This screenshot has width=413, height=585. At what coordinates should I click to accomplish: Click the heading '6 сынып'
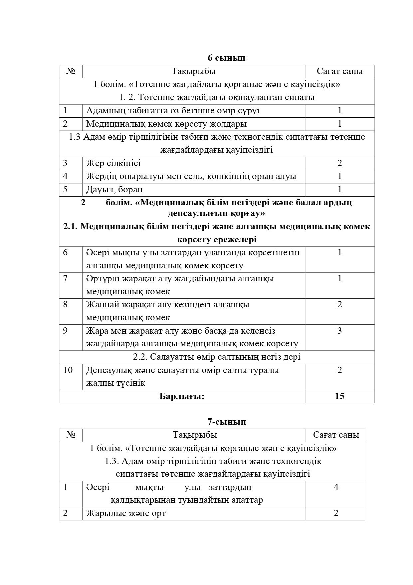(x=226, y=58)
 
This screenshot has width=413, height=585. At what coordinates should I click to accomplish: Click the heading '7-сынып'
(x=227, y=422)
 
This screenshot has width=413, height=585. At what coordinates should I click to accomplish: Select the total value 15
(x=339, y=396)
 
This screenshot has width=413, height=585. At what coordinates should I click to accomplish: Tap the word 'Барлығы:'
(x=182, y=396)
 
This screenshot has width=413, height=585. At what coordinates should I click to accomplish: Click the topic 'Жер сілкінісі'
(x=113, y=163)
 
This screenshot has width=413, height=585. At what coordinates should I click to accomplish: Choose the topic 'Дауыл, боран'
(x=114, y=189)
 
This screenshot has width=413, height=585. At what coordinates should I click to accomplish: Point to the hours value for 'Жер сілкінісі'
(x=339, y=163)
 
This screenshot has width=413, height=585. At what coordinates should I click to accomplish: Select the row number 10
(x=68, y=370)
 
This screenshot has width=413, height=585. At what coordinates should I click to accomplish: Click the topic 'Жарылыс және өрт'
(x=126, y=513)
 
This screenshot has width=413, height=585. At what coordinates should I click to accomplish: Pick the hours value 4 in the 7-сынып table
(x=336, y=487)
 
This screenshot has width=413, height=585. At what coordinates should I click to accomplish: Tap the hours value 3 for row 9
(x=339, y=331)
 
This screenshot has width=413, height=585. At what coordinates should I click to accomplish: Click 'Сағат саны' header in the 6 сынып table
(x=339, y=71)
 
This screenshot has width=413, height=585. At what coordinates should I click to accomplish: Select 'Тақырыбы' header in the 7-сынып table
(x=195, y=435)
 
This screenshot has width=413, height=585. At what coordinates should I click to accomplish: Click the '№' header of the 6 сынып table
(x=71, y=71)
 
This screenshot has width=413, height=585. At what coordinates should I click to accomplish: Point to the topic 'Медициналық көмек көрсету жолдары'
(x=166, y=124)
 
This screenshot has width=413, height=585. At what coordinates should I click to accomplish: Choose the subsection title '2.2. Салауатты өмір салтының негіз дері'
(x=217, y=357)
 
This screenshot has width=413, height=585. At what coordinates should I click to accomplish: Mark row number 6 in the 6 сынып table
(x=65, y=252)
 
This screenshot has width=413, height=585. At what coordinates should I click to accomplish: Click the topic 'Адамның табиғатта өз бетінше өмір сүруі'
(x=173, y=111)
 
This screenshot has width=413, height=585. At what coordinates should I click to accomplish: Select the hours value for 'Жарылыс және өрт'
(x=336, y=513)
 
